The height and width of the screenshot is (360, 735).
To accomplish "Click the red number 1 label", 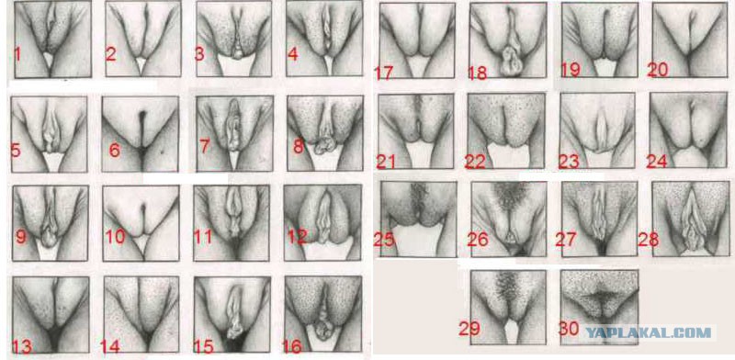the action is pyautogui.click(x=17, y=54).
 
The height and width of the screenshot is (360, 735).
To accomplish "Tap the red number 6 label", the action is pyautogui.click(x=115, y=151).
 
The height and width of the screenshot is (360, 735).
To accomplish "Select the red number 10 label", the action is pyautogui.click(x=115, y=237).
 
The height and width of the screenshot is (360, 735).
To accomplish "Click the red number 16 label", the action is pyautogui.click(x=292, y=347).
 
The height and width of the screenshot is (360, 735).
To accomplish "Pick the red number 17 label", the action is pyautogui.click(x=383, y=73).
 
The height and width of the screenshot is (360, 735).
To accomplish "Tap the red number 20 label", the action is pyautogui.click(x=657, y=70).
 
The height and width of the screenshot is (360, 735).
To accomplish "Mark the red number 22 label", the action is pyautogui.click(x=474, y=161).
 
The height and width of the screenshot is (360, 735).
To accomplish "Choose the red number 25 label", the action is pyautogui.click(x=384, y=239).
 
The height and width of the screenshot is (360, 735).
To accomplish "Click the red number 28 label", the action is pyautogui.click(x=648, y=240).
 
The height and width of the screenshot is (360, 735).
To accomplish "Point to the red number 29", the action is pyautogui.click(x=469, y=329).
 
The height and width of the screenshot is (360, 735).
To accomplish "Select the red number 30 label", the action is pyautogui.click(x=569, y=329).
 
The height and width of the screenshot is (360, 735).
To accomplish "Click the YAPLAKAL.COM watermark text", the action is pyautogui.click(x=649, y=332).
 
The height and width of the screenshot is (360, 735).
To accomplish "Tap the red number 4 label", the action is pyautogui.click(x=293, y=55).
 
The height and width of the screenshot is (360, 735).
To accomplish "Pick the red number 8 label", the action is pyautogui.click(x=298, y=146).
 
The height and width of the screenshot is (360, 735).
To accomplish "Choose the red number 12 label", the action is pyautogui.click(x=296, y=237).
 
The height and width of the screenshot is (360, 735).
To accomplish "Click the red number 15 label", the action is pyautogui.click(x=203, y=347).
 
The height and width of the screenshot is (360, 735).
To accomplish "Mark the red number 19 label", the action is pyautogui.click(x=571, y=70).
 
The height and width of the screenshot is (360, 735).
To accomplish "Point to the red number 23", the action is pyautogui.click(x=569, y=161).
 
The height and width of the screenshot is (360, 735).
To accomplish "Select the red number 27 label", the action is pyautogui.click(x=566, y=239).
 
